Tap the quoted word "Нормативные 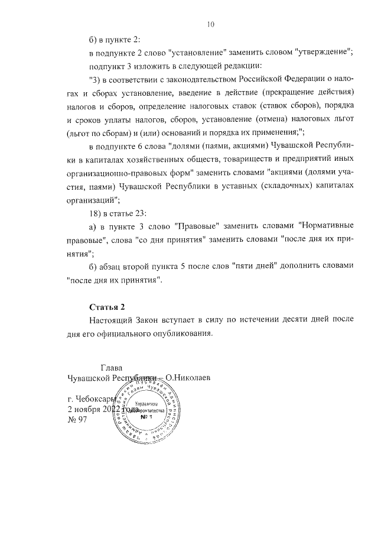pyautogui.click(x=327, y=226)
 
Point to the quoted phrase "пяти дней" pyautogui.click(x=249, y=267)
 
